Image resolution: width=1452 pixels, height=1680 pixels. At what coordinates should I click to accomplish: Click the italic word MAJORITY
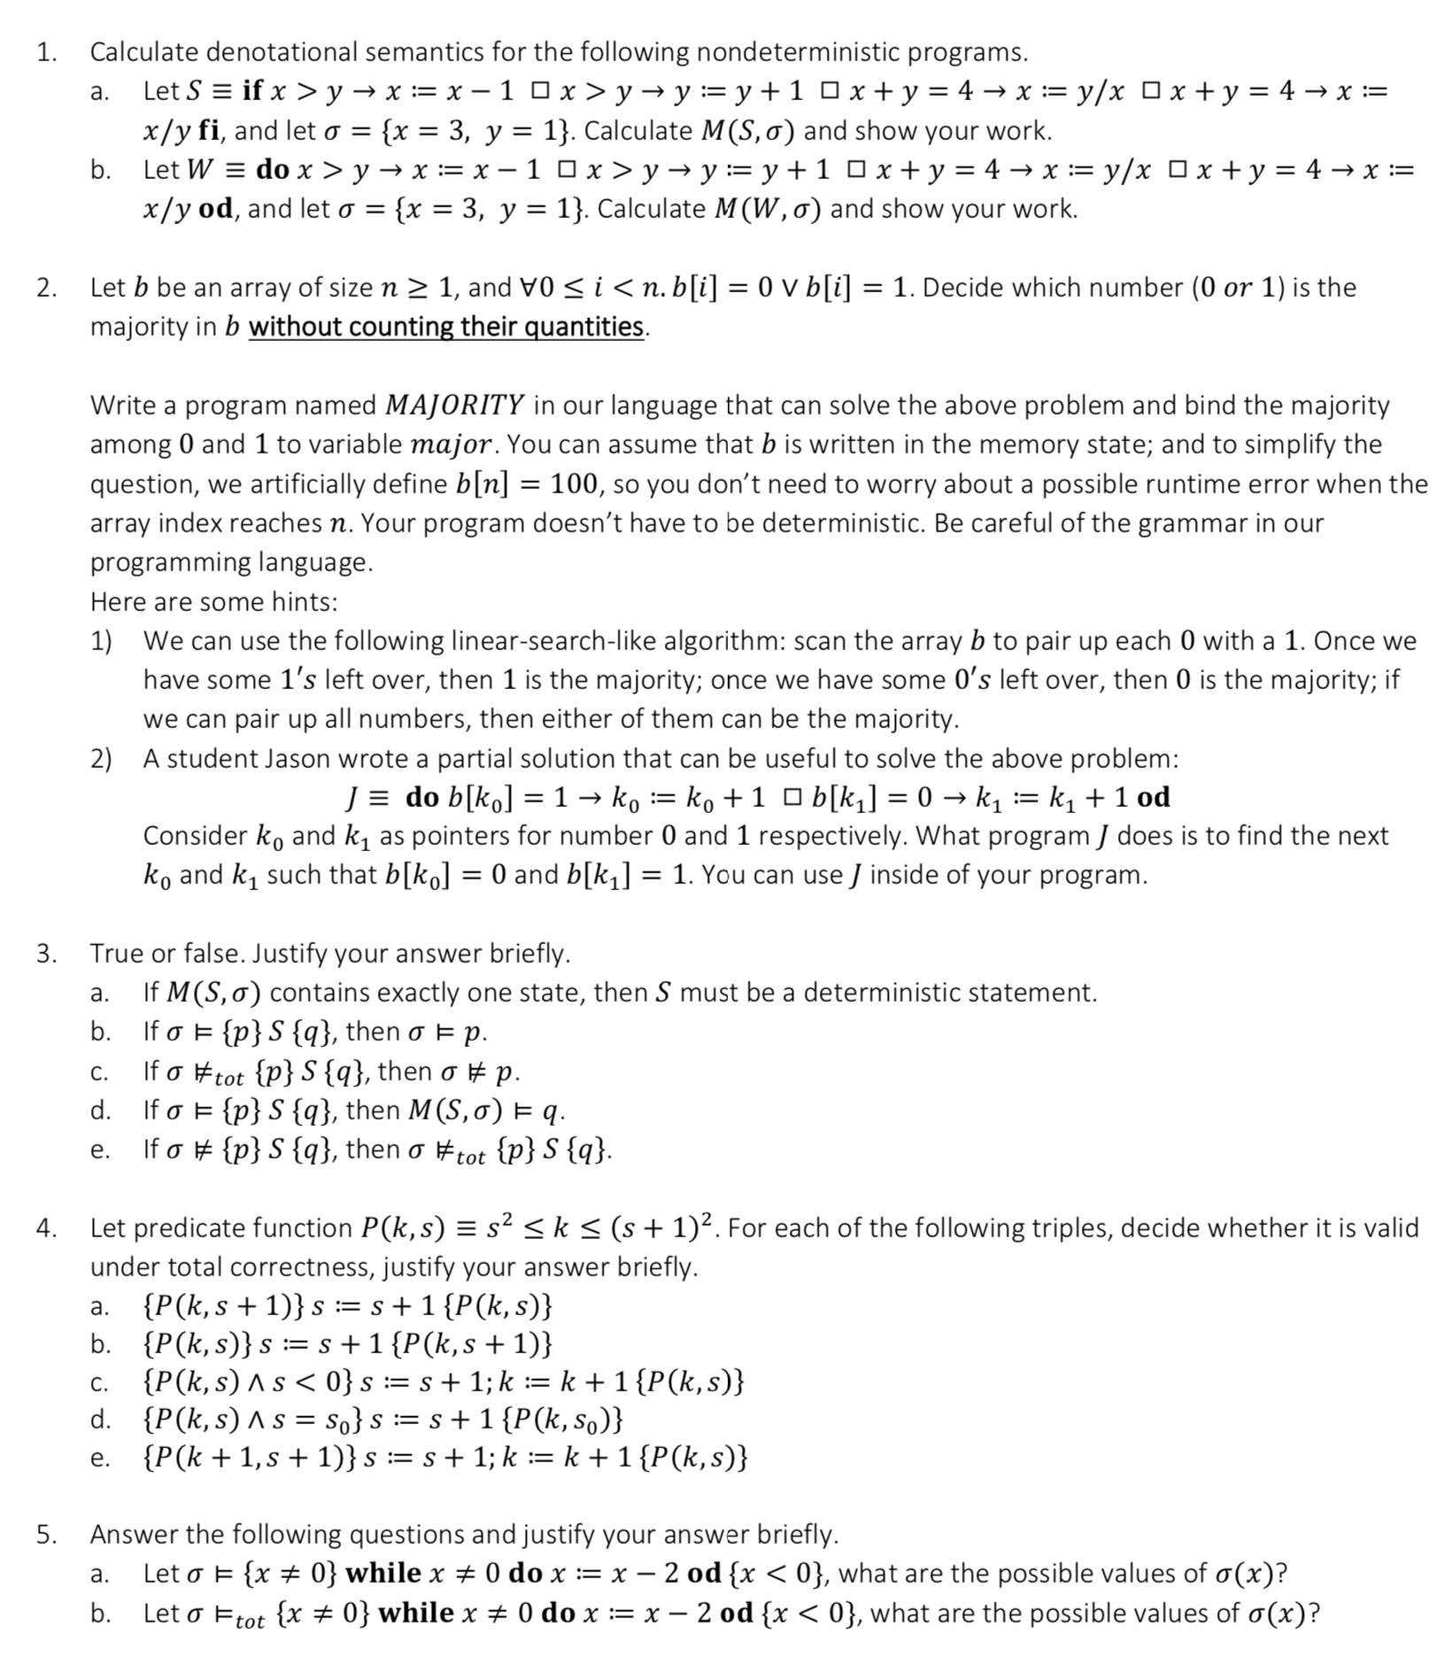tap(455, 406)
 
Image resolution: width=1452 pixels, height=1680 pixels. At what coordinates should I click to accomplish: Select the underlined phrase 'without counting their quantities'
tap(447, 327)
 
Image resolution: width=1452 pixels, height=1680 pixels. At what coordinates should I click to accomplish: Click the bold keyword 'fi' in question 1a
tap(209, 131)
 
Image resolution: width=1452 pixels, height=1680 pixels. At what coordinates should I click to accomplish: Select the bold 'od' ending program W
tap(217, 209)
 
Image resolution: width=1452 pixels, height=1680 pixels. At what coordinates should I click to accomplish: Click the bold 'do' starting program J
tap(422, 797)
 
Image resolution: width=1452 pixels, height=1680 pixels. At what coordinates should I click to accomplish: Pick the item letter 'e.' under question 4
tap(99, 1458)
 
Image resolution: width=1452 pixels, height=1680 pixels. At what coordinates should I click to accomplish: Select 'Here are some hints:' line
tap(213, 602)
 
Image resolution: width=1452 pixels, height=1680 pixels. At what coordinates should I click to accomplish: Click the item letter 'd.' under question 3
tap(100, 1111)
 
